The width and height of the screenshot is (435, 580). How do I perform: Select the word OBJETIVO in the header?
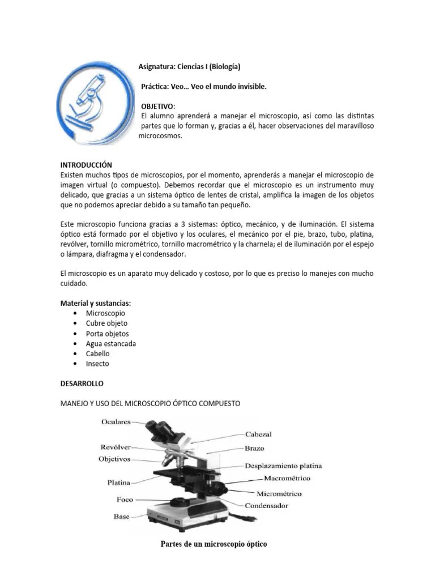(158, 106)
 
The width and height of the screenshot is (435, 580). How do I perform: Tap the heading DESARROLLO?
(82, 383)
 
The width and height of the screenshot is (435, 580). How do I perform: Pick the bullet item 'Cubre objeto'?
(106, 323)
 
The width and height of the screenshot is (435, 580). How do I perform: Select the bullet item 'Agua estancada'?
(110, 344)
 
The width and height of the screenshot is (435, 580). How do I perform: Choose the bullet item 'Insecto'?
(97, 364)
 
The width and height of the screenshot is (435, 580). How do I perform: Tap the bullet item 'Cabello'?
(98, 354)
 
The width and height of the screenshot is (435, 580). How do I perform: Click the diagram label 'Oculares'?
(116, 422)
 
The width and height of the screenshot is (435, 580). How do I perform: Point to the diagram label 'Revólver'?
(116, 447)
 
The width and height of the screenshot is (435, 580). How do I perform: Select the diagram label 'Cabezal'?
(258, 434)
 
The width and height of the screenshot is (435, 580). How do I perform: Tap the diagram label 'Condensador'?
(266, 505)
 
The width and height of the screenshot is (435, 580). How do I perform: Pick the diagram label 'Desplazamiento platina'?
(283, 466)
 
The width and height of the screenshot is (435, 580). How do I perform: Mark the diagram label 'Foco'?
(125, 500)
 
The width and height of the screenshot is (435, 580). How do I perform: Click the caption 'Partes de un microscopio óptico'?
(214, 544)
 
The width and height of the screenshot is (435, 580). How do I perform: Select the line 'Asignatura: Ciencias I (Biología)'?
(189, 67)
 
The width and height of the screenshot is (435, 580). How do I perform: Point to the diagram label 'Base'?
(121, 517)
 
